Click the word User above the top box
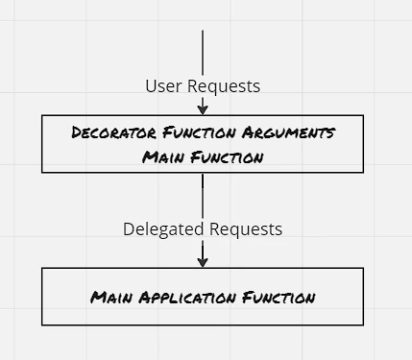click(x=163, y=86)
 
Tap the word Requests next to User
click(x=224, y=86)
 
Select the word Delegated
click(x=163, y=229)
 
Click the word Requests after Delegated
click(x=246, y=229)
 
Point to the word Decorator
click(x=114, y=132)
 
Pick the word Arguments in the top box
click(x=288, y=132)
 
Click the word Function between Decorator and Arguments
click(x=199, y=132)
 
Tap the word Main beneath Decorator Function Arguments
click(x=163, y=157)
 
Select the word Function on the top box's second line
click(x=227, y=157)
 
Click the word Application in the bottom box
click(x=187, y=298)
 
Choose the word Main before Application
click(x=111, y=298)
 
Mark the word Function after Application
click(x=279, y=298)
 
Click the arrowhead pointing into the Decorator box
click(x=203, y=110)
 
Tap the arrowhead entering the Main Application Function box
click(x=203, y=263)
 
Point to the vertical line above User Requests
click(x=203, y=53)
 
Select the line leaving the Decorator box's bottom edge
click(x=203, y=196)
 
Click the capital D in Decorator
click(x=77, y=132)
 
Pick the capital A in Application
click(x=145, y=298)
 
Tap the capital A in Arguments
click(x=248, y=132)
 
